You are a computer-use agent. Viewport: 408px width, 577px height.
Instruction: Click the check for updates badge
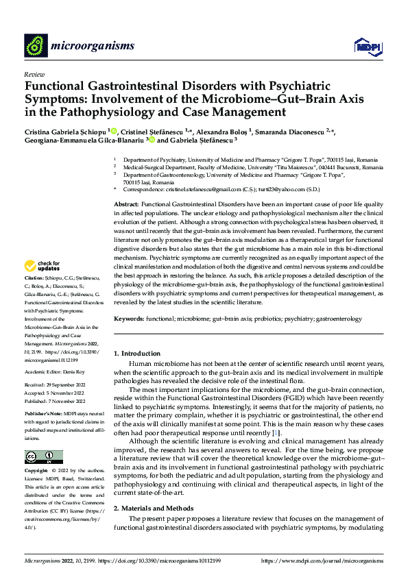click(43, 265)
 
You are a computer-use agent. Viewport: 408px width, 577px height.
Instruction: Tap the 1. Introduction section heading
click(136, 354)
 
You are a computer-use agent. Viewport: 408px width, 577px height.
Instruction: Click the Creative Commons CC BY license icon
click(43, 456)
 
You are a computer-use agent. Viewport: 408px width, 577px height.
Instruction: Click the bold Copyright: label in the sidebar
click(37, 472)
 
